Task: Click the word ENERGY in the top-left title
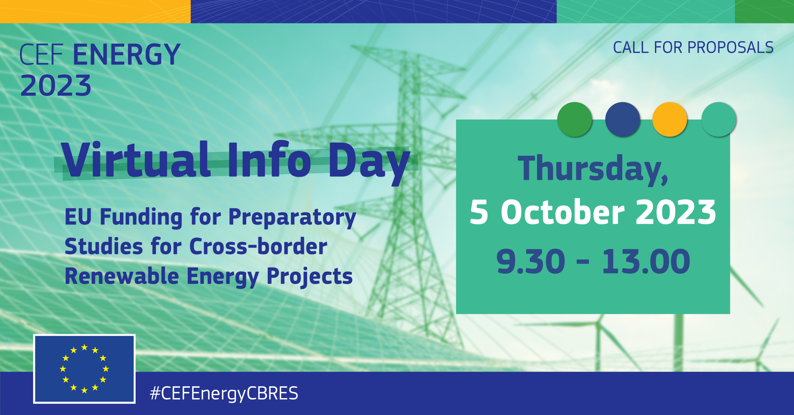pos(126,54)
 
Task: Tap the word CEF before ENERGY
pos(41,54)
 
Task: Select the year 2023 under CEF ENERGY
pos(56,85)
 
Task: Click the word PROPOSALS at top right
pos(730,48)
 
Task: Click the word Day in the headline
pos(369,163)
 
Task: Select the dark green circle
pos(574,120)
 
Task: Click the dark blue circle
pos(622,120)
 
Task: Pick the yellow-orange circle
pos(670,120)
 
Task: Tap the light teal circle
pos(719,120)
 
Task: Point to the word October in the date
pos(563,212)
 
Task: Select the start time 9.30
pos(530,261)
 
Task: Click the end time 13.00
pos(646,261)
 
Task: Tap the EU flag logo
pos(85,369)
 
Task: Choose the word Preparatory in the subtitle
pos(292,217)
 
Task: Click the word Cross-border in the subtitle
pos(258,246)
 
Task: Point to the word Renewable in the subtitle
pos(122,276)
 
